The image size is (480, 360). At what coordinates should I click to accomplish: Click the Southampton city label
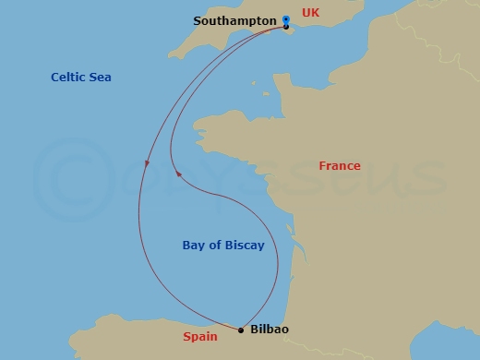tap(235, 20)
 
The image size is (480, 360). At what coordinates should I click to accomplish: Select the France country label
tap(340, 166)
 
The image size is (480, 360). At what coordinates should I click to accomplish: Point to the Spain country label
tap(200, 337)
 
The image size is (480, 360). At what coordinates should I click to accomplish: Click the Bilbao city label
tap(270, 329)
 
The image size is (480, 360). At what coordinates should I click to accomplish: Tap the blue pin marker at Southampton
tap(286, 18)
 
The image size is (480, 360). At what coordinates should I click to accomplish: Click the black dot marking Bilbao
tap(241, 330)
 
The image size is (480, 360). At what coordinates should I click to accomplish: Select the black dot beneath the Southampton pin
tap(286, 27)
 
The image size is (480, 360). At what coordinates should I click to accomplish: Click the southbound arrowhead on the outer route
tap(146, 164)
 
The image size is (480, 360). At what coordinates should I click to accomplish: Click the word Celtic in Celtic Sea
tap(68, 78)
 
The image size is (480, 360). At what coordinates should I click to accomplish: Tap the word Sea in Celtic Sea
tap(100, 78)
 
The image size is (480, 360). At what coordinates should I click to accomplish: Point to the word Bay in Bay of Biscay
tap(194, 246)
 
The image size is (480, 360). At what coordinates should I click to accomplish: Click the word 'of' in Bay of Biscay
tap(214, 246)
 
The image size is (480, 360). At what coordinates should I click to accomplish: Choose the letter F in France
tap(323, 166)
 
